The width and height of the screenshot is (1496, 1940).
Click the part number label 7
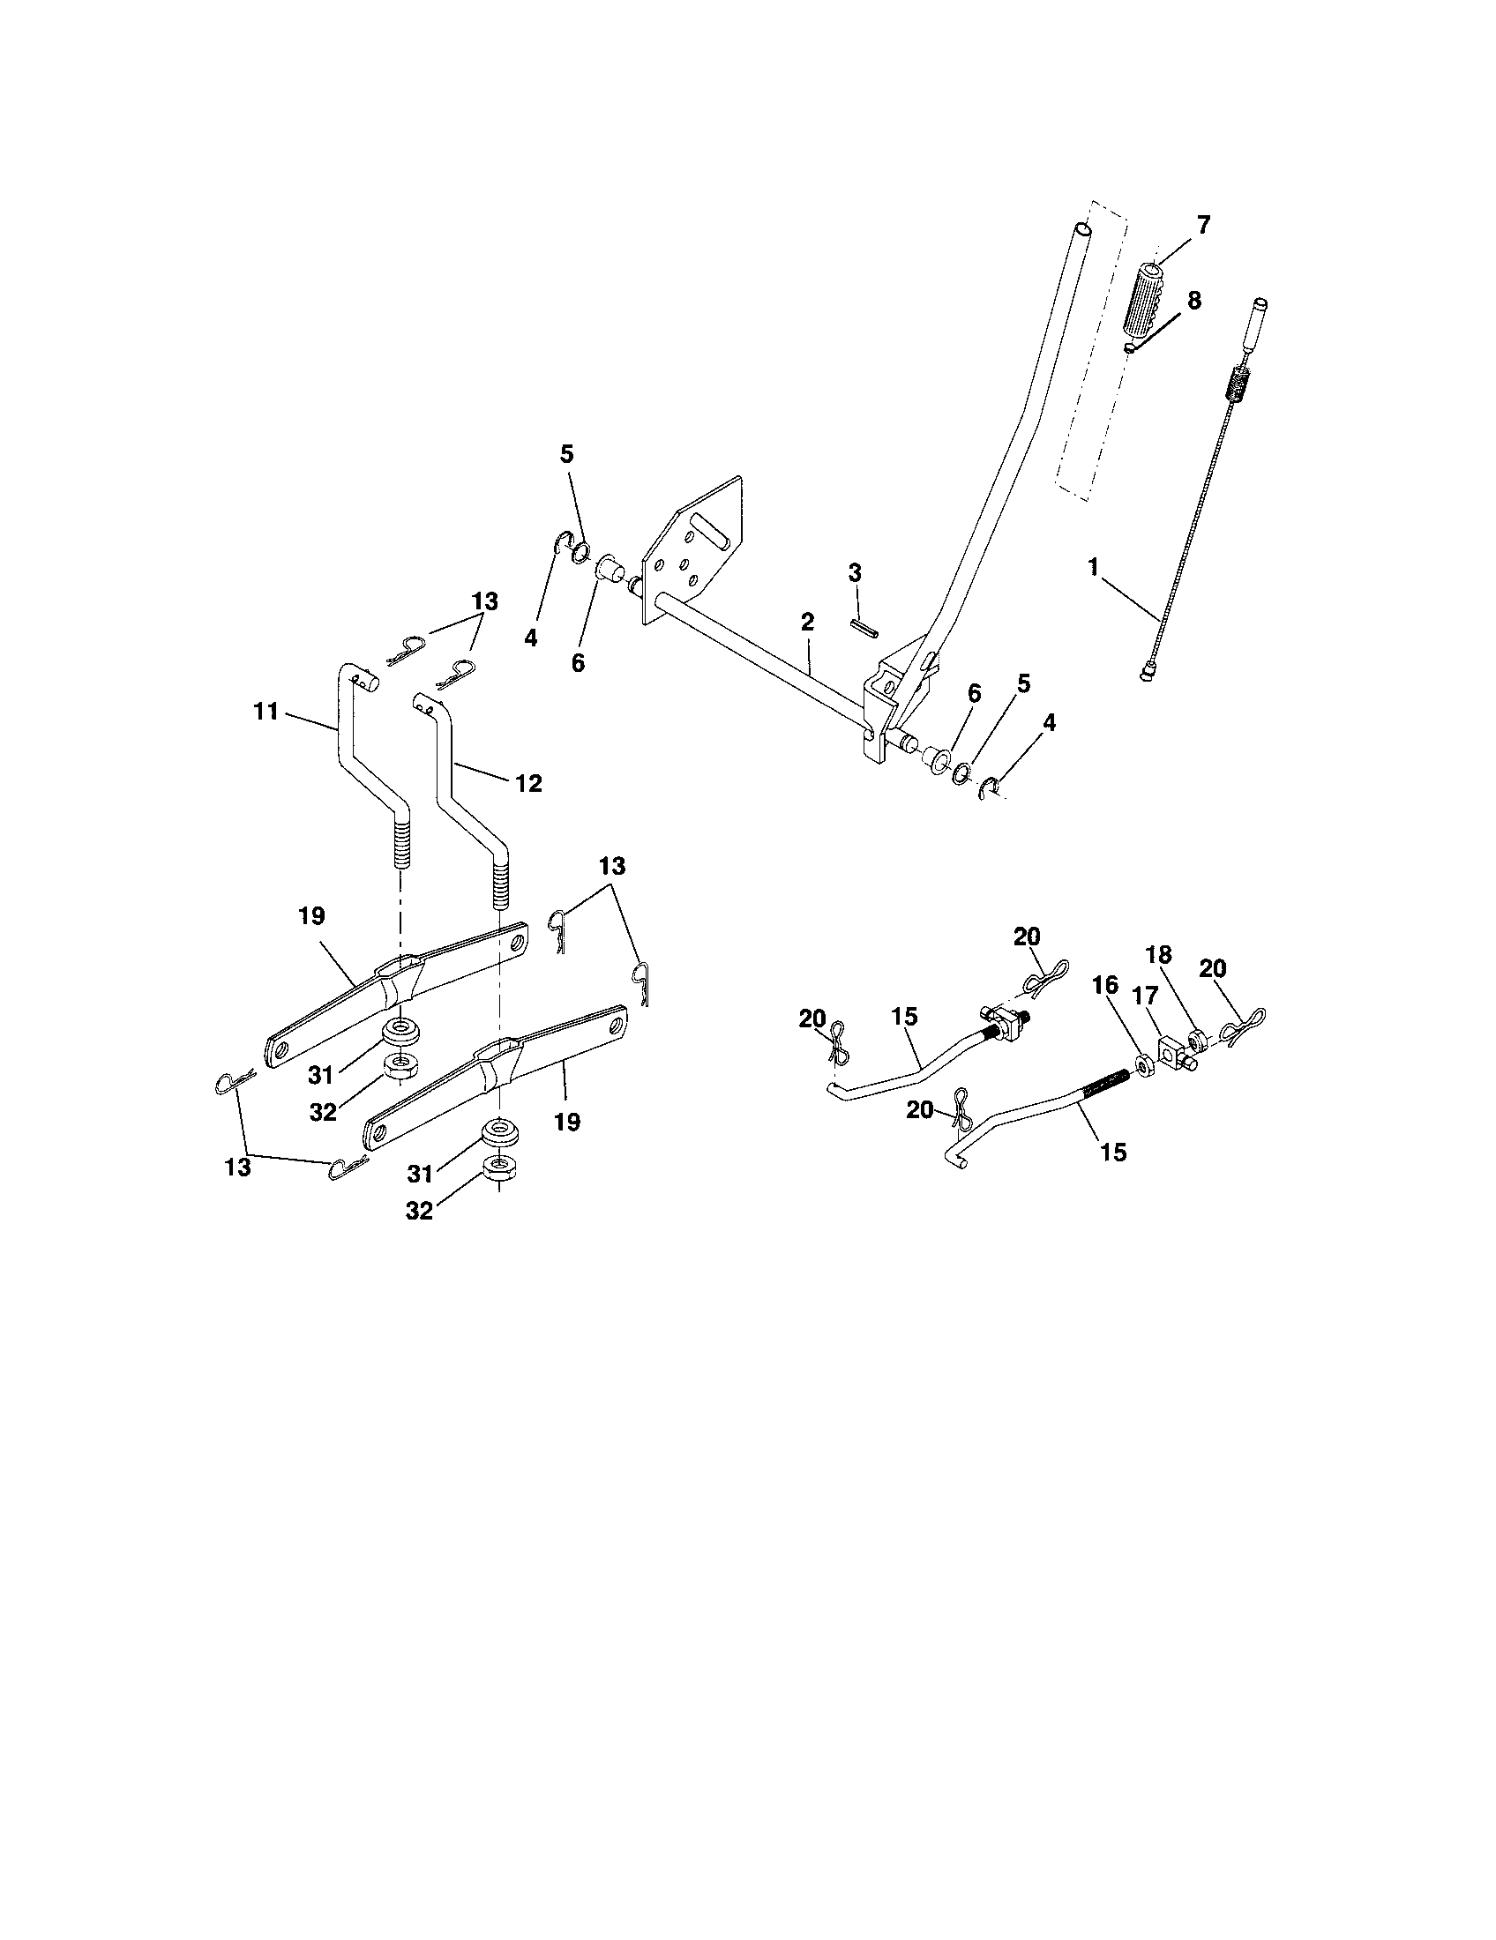(x=1204, y=225)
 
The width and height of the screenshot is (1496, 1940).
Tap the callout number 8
(x=1193, y=301)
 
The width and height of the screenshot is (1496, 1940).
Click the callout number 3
(x=855, y=573)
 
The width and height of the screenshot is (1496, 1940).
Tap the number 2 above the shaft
(x=806, y=623)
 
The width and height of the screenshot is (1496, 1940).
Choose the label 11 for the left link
(x=266, y=712)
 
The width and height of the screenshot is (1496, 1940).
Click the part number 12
(x=527, y=783)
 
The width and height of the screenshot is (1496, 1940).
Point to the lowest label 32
(x=419, y=1210)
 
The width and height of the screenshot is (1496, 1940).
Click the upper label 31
(x=321, y=1076)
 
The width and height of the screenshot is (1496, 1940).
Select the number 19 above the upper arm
(x=310, y=917)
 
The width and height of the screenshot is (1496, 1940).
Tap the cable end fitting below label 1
(x=1146, y=676)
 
